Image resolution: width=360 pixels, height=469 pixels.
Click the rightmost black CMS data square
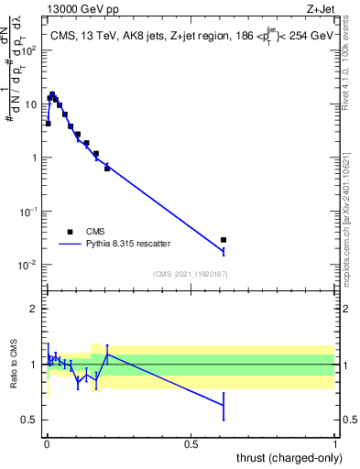224,240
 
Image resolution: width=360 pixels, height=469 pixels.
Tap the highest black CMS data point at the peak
52,94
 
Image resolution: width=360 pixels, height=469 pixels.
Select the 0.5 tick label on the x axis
191,444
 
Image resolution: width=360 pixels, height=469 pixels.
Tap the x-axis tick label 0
47,444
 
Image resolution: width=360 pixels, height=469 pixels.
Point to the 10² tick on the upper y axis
32,49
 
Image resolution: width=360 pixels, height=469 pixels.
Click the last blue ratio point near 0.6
224,405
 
